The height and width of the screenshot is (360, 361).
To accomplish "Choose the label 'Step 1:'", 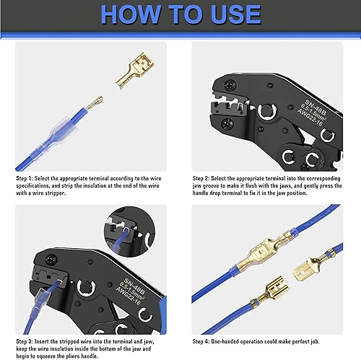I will (x=28, y=176).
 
